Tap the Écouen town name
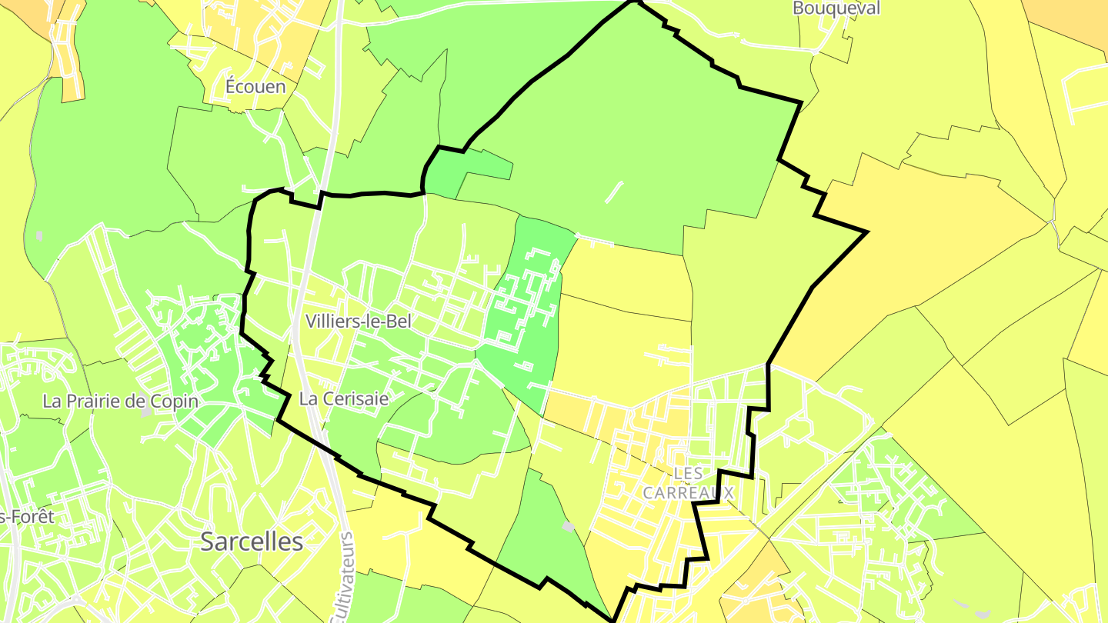pyautogui.click(x=255, y=86)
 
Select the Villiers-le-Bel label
pyautogui.click(x=359, y=321)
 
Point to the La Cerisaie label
pyautogui.click(x=344, y=399)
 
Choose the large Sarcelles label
pyautogui.click(x=252, y=541)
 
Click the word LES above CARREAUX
pyautogui.click(x=688, y=473)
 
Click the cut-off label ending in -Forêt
pyautogui.click(x=27, y=517)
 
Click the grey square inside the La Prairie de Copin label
pyautogui.click(x=146, y=412)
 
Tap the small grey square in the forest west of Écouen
pyautogui.click(x=39, y=235)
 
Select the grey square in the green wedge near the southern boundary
pyautogui.click(x=568, y=526)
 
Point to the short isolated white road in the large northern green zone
pyautogui.click(x=613, y=192)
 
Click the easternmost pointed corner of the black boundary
pyautogui.click(x=867, y=232)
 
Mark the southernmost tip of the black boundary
pyautogui.click(x=613, y=619)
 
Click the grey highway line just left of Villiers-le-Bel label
pyautogui.click(x=299, y=321)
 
